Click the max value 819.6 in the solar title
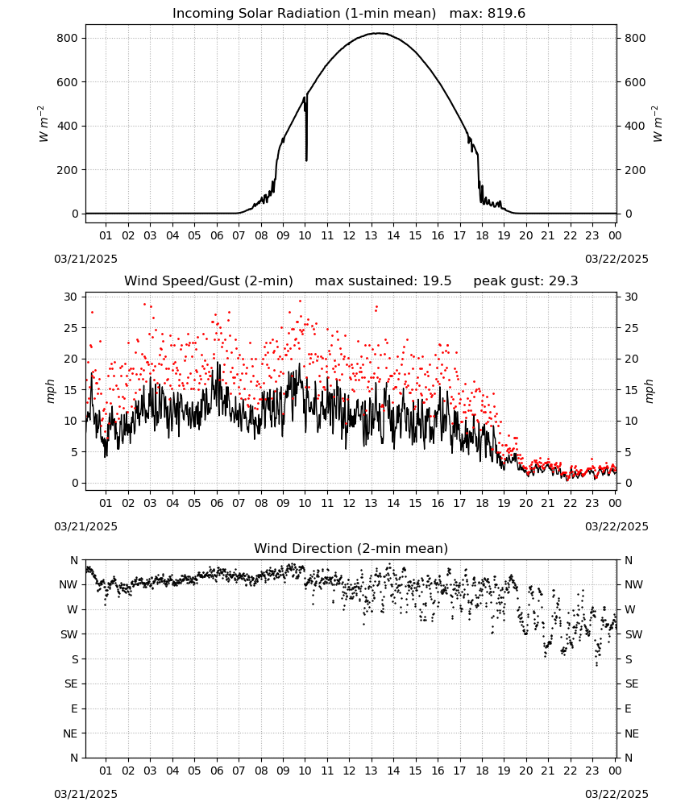click(x=506, y=14)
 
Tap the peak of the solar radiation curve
click(x=379, y=33)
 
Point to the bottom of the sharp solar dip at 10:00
click(x=307, y=160)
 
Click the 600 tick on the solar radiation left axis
click(x=68, y=82)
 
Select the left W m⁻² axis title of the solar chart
click(x=44, y=124)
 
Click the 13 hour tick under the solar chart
click(x=371, y=236)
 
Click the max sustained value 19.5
click(x=437, y=281)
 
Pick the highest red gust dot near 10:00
click(x=301, y=301)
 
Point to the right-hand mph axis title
click(x=649, y=391)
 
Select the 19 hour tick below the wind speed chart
click(x=504, y=503)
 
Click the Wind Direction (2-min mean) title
click(x=351, y=548)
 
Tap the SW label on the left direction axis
click(x=69, y=634)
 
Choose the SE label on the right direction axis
click(x=632, y=683)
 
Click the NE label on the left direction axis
click(x=70, y=733)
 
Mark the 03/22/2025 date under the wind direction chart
click(x=616, y=794)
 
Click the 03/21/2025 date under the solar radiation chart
click(x=85, y=259)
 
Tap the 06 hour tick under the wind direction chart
click(x=217, y=771)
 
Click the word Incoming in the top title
click(x=199, y=14)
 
